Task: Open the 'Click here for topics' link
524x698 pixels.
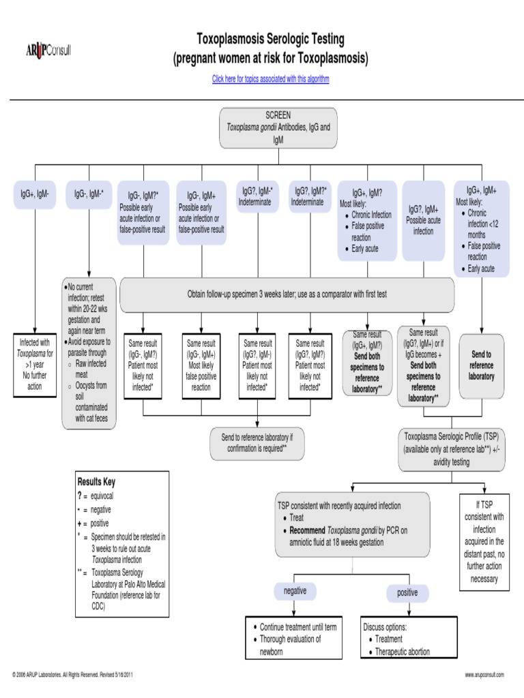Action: coord(270,79)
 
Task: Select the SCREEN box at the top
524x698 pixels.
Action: coord(278,127)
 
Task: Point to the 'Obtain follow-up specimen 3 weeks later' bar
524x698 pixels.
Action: coord(287,294)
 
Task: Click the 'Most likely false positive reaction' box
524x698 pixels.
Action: coord(201,365)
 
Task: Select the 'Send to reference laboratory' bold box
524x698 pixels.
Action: coord(481,365)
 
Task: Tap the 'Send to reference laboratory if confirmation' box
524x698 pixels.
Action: coord(256,443)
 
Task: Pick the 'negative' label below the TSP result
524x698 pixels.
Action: coord(295,591)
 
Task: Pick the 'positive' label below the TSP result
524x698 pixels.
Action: coord(407,593)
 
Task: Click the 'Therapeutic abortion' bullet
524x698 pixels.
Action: coord(403,652)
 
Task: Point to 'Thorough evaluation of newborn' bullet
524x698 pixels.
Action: coord(290,645)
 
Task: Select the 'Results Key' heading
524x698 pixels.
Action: coord(96,482)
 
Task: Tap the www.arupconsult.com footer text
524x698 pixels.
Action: coord(484,675)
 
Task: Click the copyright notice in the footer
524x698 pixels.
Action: coord(72,675)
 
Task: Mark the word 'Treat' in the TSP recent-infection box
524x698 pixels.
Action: coord(297,518)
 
